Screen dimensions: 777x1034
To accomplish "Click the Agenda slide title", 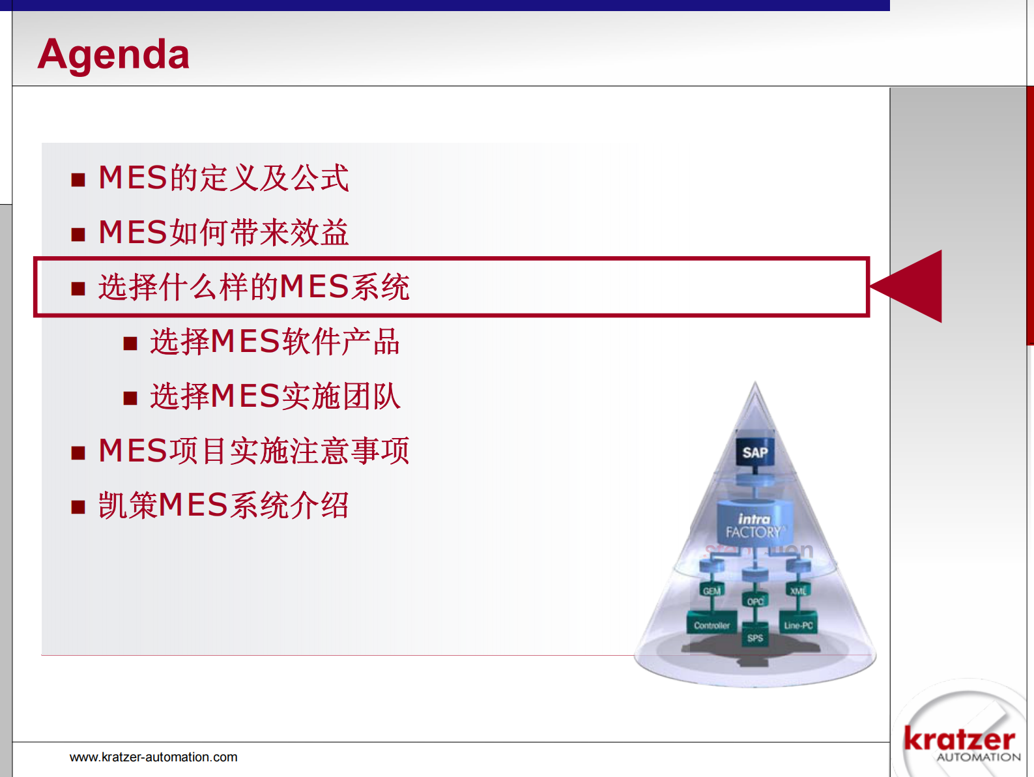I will pyautogui.click(x=113, y=54).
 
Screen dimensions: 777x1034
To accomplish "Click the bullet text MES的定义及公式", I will pyautogui.click(x=223, y=178).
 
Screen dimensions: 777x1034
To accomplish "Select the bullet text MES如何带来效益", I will pyautogui.click(x=223, y=233).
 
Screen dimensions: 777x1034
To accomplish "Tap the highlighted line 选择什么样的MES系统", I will pyautogui.click(x=254, y=287).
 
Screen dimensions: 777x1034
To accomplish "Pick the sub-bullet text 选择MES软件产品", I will pyautogui.click(x=275, y=342).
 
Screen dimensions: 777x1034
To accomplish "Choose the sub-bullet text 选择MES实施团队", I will pyautogui.click(x=275, y=396).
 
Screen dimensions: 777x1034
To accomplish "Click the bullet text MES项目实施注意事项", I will pyautogui.click(x=254, y=451).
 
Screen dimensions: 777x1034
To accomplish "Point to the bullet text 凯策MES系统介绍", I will pyautogui.click(x=223, y=506).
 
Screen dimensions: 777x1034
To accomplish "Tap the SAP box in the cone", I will pyautogui.click(x=755, y=452).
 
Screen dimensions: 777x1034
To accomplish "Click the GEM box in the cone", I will pyautogui.click(x=711, y=591).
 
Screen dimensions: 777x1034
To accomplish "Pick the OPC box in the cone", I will pyautogui.click(x=755, y=601).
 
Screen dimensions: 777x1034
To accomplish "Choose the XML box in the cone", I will pyautogui.click(x=798, y=591).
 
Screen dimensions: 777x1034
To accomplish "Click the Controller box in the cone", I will pyautogui.click(x=711, y=624).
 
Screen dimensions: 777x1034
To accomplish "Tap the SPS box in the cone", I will pyautogui.click(x=755, y=638).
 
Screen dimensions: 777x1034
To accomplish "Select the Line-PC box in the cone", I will pyautogui.click(x=798, y=624).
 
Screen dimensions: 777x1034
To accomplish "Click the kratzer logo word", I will pyautogui.click(x=959, y=739).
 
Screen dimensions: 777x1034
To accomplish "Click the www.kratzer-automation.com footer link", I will pyautogui.click(x=154, y=757).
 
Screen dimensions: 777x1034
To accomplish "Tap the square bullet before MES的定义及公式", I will pyautogui.click(x=78, y=180).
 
